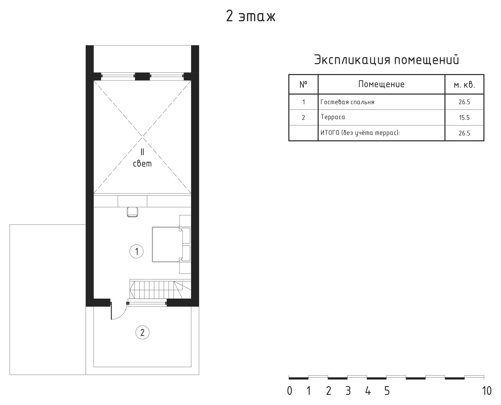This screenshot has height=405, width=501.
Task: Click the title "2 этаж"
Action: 250,17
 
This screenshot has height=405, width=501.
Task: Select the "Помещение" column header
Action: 381,84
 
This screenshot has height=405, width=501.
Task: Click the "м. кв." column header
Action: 464,85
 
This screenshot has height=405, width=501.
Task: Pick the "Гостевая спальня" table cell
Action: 347,102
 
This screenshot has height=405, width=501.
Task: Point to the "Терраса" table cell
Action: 333,117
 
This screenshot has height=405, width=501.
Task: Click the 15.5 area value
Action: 464,118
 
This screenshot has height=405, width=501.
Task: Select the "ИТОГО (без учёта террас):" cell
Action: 360,133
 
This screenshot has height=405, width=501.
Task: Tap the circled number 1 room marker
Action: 137,252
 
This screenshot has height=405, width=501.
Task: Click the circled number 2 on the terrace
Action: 142,332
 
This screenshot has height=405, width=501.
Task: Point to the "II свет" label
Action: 142,158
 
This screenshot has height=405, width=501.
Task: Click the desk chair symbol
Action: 132,212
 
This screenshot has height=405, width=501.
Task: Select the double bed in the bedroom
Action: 167,244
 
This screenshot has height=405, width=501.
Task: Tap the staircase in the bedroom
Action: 160,289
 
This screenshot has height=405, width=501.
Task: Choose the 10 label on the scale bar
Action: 487,391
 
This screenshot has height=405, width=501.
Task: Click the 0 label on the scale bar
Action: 290,391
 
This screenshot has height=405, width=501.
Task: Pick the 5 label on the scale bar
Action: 387,391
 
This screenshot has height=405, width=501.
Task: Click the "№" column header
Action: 303,84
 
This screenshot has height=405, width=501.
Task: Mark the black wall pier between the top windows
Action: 142,76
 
